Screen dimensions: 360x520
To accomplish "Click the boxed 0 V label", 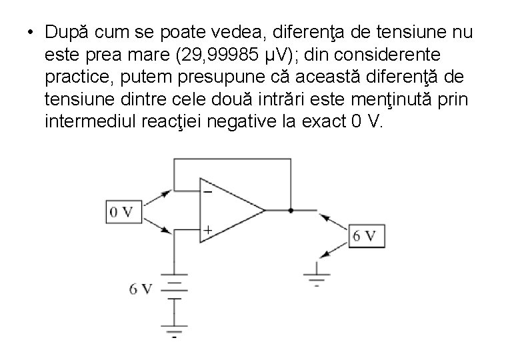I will pos(121,212).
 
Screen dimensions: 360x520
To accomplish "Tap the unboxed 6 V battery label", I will pos(141,289).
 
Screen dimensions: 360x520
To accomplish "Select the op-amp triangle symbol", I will pos(230,211).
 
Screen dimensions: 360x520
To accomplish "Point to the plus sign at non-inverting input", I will pos(207,230).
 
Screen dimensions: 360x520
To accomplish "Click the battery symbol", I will pos(174,289).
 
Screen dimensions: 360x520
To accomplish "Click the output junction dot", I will pos(291,211).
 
